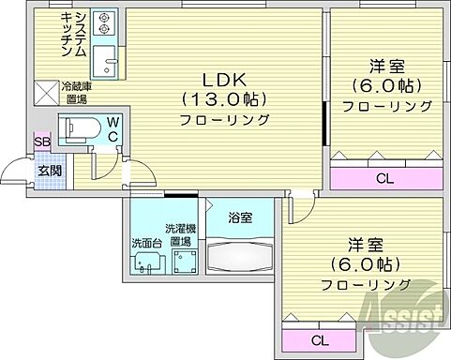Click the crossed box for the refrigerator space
click(45, 92)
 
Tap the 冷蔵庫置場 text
click(75, 92)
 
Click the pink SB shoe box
click(40, 142)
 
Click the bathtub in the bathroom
click(240, 254)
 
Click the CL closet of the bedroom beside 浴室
click(319, 339)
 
